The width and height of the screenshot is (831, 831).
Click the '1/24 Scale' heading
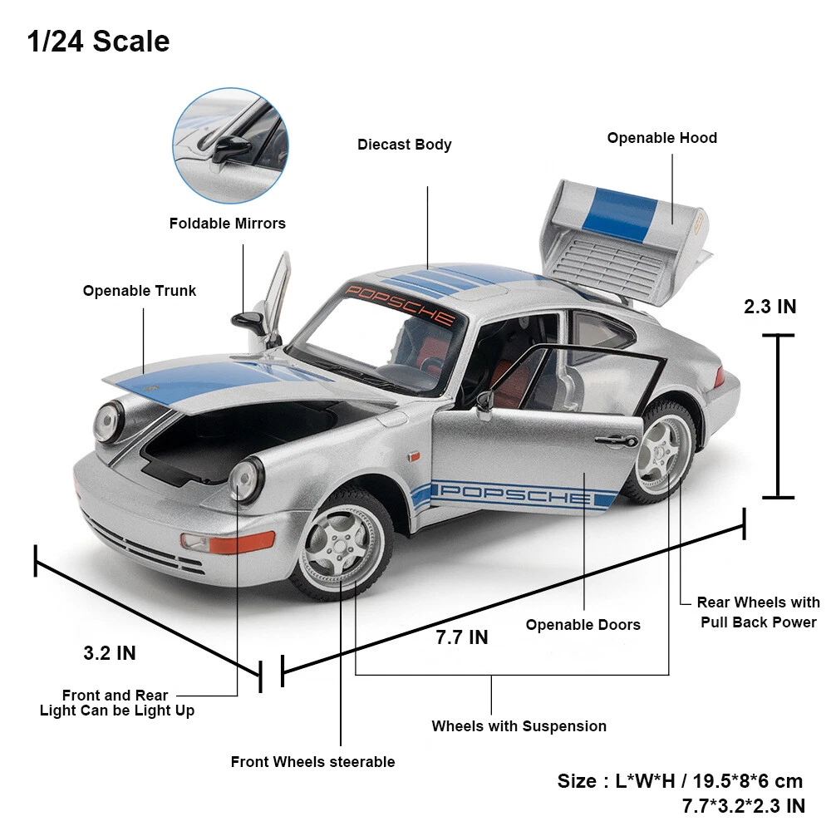click(x=98, y=41)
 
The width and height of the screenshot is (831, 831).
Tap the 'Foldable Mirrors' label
click(x=227, y=224)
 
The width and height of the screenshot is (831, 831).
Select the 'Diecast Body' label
click(x=405, y=145)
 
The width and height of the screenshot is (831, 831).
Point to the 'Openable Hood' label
click(x=661, y=138)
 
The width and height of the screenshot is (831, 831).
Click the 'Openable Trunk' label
click(x=140, y=291)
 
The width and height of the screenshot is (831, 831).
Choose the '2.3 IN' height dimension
click(x=770, y=307)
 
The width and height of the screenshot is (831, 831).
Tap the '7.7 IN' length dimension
click(x=462, y=637)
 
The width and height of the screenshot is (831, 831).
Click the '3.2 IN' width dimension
click(x=110, y=653)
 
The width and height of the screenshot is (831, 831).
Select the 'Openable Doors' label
click(x=583, y=625)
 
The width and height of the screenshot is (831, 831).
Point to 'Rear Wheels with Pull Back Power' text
click(x=758, y=612)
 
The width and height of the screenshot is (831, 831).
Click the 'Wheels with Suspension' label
click(x=519, y=726)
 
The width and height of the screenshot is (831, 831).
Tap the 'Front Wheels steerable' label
click(x=312, y=762)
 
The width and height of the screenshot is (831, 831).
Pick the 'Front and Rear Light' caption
click(x=116, y=703)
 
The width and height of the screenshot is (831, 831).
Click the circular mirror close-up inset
click(x=230, y=146)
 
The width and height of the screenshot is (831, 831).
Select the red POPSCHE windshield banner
click(x=401, y=304)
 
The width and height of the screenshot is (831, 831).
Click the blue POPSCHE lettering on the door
click(x=514, y=493)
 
